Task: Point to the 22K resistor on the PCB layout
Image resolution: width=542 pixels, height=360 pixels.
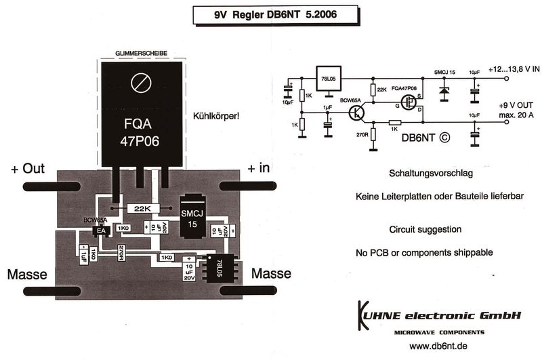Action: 143,208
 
